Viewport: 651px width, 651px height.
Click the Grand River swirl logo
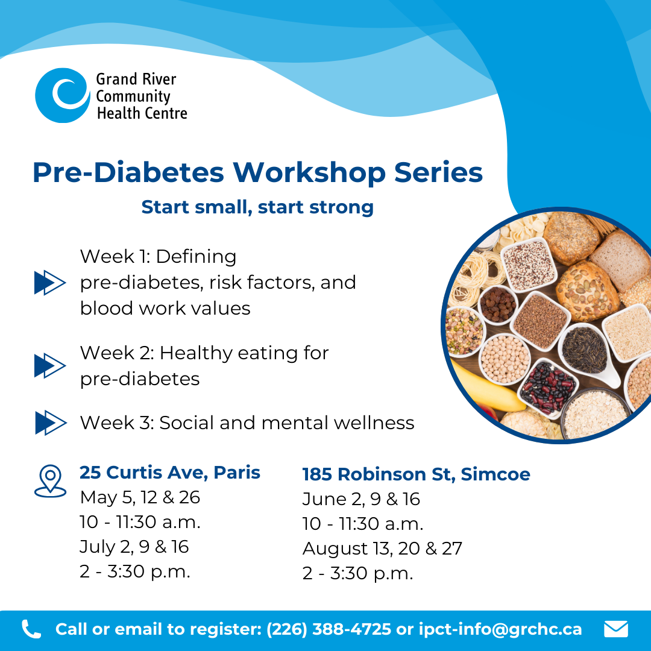pos(62,95)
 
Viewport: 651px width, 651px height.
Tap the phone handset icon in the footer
pos(31,629)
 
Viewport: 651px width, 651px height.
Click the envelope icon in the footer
pos(615,629)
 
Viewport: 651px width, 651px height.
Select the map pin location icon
pos(50,481)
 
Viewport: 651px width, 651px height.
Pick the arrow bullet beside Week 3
pos(51,423)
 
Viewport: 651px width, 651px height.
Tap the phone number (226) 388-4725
pos(329,629)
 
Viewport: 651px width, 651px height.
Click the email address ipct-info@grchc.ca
pos(500,629)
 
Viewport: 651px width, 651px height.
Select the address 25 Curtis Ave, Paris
pos(170,473)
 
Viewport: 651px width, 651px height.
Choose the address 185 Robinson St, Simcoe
pos(416,474)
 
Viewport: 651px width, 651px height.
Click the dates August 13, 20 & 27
pos(382,549)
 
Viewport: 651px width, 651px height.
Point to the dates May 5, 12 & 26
pos(140,497)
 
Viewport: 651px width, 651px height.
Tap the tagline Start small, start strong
pos(257,207)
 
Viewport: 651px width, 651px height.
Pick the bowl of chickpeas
pos(505,359)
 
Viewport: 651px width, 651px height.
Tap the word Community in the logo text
pos(133,96)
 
